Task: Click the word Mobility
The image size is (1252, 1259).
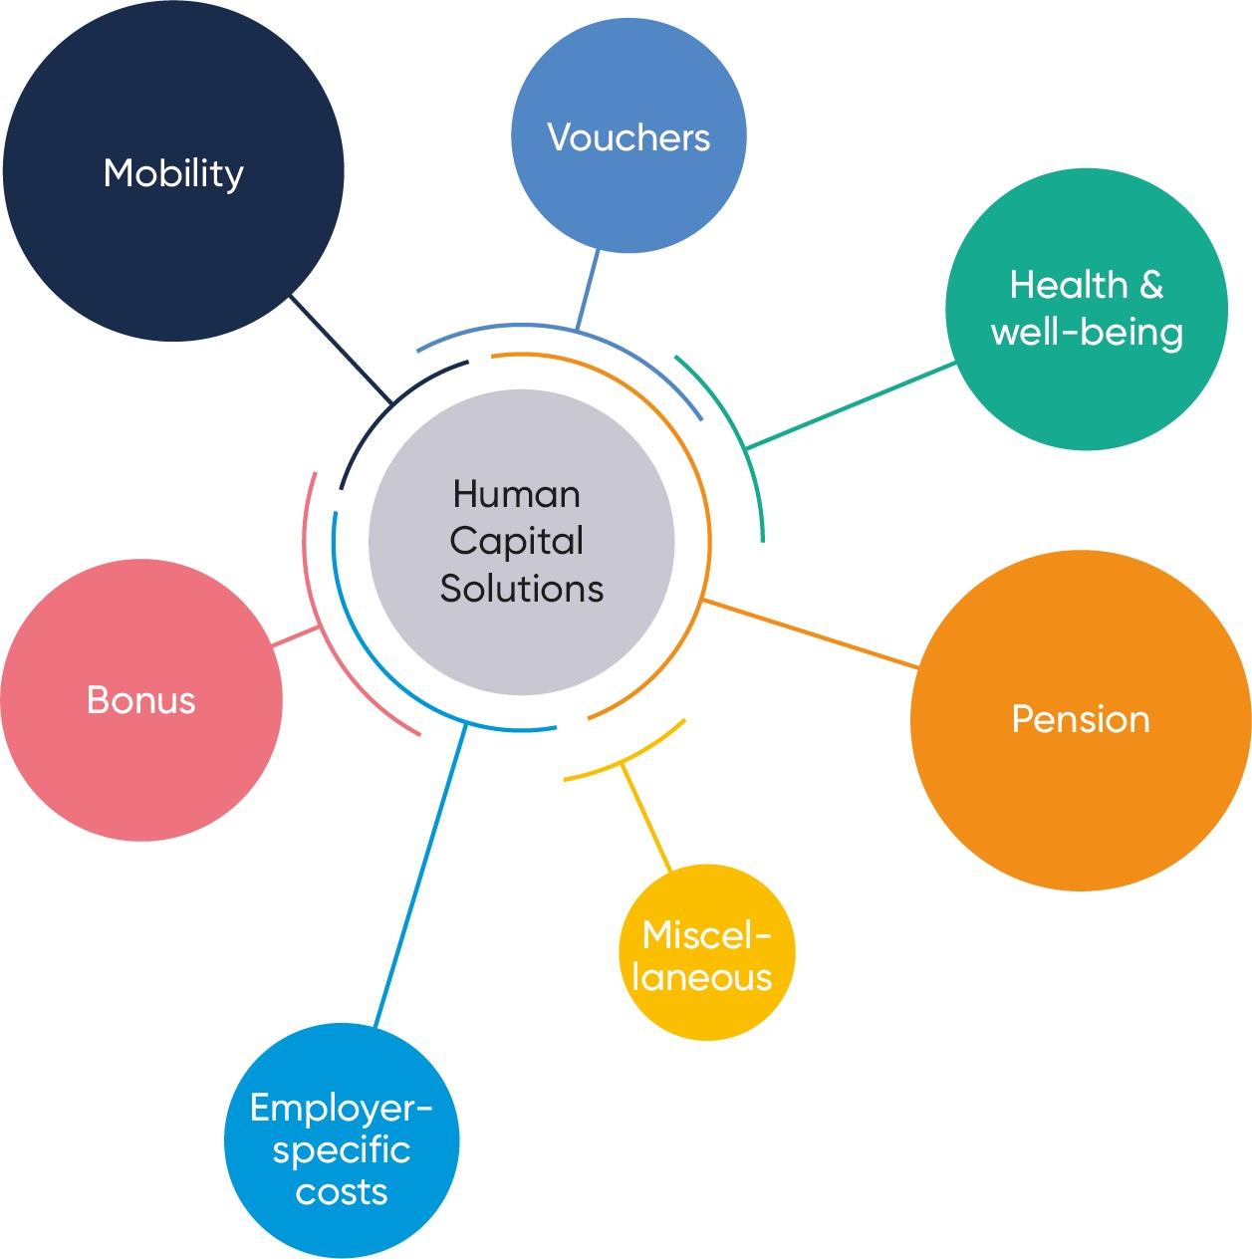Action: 173,173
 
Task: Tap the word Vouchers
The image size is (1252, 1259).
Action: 628,137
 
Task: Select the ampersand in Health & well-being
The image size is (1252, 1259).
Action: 1149,285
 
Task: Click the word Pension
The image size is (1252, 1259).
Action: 1080,719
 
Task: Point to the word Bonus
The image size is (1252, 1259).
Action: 141,700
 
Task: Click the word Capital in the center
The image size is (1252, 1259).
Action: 516,542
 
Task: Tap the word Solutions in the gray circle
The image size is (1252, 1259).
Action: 522,588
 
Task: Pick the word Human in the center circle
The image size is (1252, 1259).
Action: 516,494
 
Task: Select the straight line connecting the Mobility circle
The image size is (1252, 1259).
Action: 341,350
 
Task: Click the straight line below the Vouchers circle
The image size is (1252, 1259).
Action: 587,290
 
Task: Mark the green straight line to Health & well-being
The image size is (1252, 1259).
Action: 851,405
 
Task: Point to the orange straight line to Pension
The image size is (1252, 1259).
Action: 810,633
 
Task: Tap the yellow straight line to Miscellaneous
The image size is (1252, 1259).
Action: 645,816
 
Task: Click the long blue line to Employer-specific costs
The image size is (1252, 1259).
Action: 419,876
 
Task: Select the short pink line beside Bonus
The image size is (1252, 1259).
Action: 295,637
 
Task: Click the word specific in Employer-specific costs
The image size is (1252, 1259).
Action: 341,1151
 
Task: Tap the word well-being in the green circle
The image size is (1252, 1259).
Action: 1087,332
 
